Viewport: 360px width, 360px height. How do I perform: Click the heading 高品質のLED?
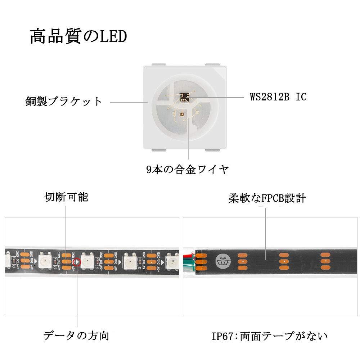(x=78, y=37)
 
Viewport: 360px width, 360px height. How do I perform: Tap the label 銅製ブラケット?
(x=64, y=101)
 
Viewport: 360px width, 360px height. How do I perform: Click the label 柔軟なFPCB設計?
(x=267, y=198)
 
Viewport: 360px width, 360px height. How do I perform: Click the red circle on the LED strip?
(x=77, y=262)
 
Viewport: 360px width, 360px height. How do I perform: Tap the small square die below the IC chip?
(x=182, y=114)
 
